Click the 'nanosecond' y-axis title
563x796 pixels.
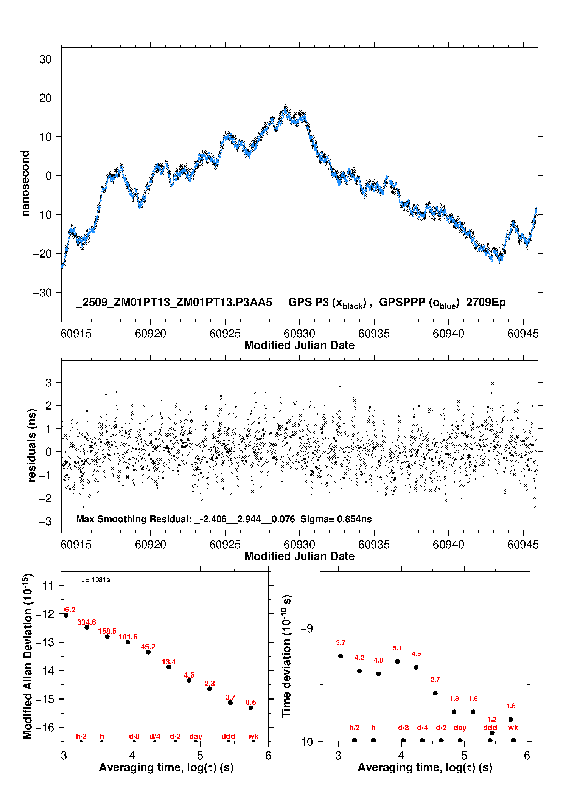point(25,183)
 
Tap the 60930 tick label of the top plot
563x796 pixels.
point(299,334)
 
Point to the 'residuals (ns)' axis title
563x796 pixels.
point(32,445)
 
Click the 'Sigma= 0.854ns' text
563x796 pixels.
point(336,519)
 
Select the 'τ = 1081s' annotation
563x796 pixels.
point(95,580)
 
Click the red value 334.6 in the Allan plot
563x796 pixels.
point(87,622)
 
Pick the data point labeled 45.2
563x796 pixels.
point(148,652)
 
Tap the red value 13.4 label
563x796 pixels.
point(169,662)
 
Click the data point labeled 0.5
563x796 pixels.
point(251,708)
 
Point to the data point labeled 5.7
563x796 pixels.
point(341,656)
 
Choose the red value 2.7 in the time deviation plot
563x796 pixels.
point(435,680)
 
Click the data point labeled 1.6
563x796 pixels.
point(511,719)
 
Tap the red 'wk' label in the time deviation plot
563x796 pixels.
point(513,728)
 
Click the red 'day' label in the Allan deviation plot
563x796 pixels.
point(196,736)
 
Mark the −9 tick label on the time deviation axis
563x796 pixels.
point(306,628)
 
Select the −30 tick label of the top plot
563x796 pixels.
point(42,292)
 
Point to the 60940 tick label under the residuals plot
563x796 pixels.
point(448,545)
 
